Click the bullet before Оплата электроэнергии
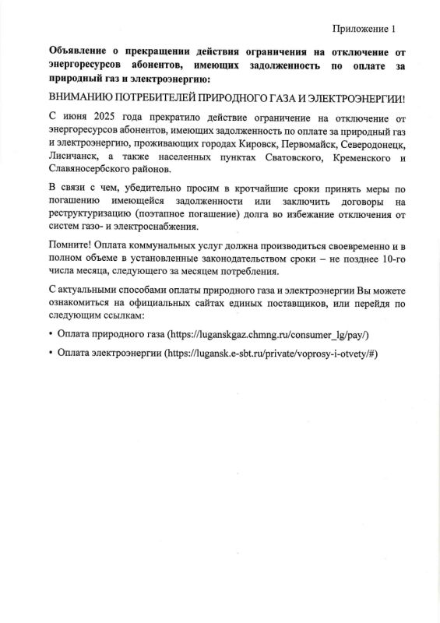(x=51, y=353)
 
